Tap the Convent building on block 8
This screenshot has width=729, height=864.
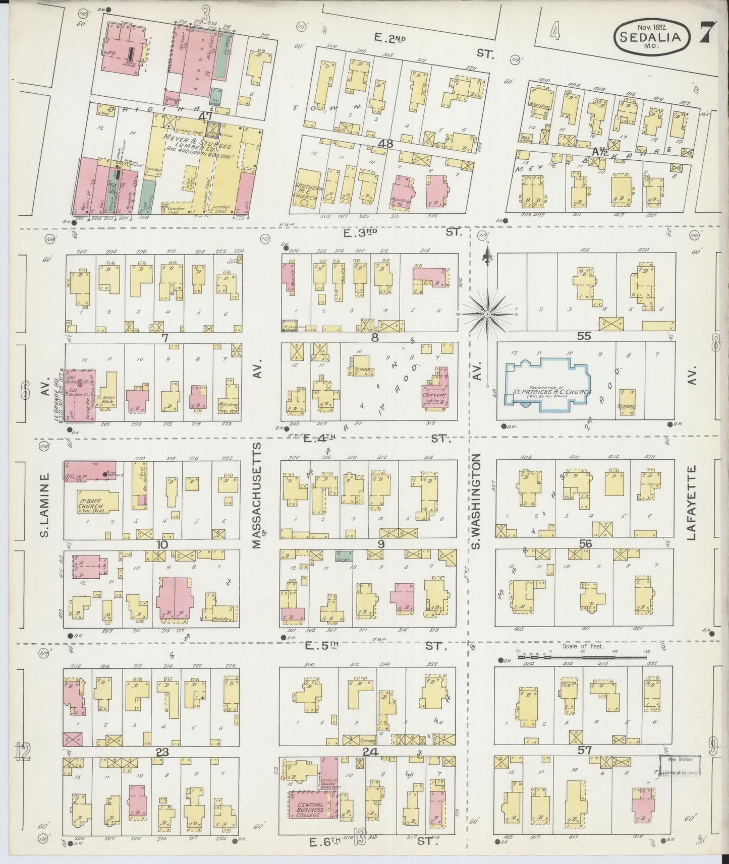[435, 395]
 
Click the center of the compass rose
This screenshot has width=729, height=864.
[487, 315]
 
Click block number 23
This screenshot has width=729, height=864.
[162, 752]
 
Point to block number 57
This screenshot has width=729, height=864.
[585, 751]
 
